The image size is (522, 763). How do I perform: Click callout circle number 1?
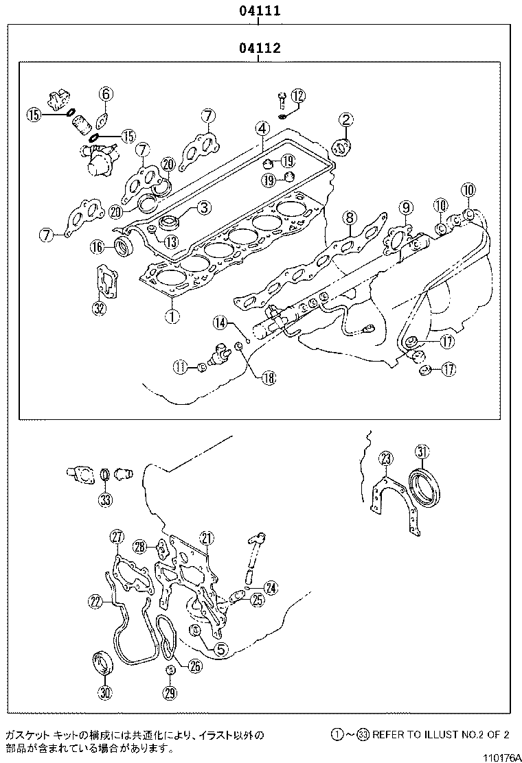tap(170, 316)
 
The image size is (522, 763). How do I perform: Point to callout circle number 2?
tap(345, 121)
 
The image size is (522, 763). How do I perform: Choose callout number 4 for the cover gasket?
tap(262, 128)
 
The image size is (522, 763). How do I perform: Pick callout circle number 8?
tap(350, 218)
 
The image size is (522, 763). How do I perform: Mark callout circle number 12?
tap(297, 95)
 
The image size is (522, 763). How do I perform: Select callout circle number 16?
tap(98, 246)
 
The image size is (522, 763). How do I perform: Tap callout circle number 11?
tap(180, 368)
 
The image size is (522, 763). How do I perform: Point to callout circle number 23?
tap(386, 459)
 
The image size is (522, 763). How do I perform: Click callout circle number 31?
tap(423, 451)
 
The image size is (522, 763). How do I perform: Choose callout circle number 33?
tap(104, 500)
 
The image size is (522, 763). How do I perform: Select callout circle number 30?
tap(104, 693)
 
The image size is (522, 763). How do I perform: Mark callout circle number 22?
tap(95, 602)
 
